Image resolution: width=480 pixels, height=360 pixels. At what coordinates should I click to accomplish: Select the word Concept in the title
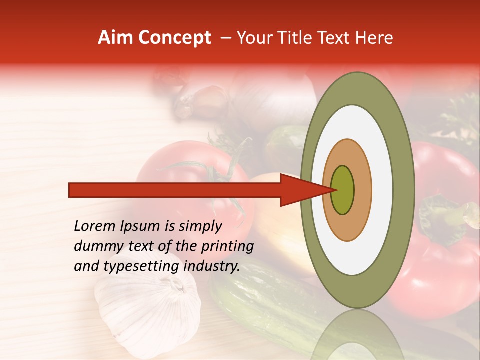tap(174, 38)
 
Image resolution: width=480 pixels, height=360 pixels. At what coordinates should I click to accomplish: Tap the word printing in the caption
tap(227, 246)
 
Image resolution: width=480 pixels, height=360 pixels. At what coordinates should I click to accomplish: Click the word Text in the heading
tap(337, 38)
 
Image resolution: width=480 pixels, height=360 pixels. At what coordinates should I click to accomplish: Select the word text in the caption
tap(142, 246)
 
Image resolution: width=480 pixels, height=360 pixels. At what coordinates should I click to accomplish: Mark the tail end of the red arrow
tap(70, 190)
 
